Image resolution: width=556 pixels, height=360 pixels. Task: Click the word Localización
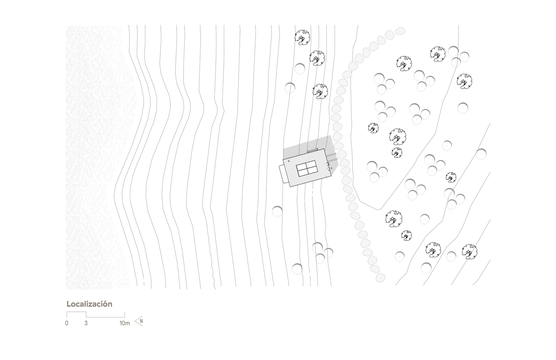[x=89, y=304]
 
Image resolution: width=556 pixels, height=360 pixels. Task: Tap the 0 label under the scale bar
[x=67, y=323]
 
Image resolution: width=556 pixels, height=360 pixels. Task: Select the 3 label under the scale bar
[x=86, y=323]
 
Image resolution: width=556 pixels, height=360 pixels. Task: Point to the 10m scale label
[x=125, y=323]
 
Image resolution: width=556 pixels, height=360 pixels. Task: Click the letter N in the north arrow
[x=141, y=321]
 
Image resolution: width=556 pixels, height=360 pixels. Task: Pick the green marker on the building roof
[x=289, y=161]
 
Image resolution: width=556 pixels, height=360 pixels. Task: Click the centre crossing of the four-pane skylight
[x=307, y=168]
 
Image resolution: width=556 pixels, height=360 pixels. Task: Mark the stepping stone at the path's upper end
[x=400, y=31]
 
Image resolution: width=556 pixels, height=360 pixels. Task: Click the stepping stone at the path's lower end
[x=380, y=278]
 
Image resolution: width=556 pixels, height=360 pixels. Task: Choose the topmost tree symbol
[x=302, y=37]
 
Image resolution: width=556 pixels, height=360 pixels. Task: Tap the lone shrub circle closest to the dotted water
[x=277, y=211]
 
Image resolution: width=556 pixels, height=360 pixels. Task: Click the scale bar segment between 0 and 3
[x=76, y=312]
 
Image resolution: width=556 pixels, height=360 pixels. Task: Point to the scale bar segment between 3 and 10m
[x=105, y=317]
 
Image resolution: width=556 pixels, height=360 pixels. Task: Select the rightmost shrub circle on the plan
[x=481, y=154]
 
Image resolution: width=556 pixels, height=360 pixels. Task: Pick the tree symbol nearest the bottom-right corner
[x=469, y=252]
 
